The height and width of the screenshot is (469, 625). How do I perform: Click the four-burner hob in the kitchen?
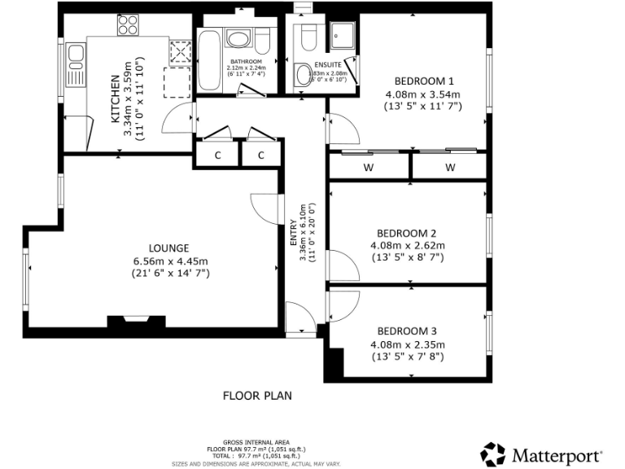[127, 27]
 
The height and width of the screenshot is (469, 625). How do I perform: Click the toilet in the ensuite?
[308, 37]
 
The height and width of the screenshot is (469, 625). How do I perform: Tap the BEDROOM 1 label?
[423, 81]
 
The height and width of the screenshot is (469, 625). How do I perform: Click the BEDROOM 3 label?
[407, 331]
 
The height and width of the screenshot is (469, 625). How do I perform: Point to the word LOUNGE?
[169, 248]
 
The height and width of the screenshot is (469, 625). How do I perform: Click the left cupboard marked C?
[218, 156]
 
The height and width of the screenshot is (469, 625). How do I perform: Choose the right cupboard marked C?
[261, 156]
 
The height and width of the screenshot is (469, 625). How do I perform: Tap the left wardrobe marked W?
[369, 167]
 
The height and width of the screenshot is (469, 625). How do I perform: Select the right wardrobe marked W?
[449, 167]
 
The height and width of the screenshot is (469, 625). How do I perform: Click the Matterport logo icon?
[493, 453]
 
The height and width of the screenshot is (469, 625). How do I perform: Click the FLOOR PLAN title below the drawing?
[257, 396]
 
